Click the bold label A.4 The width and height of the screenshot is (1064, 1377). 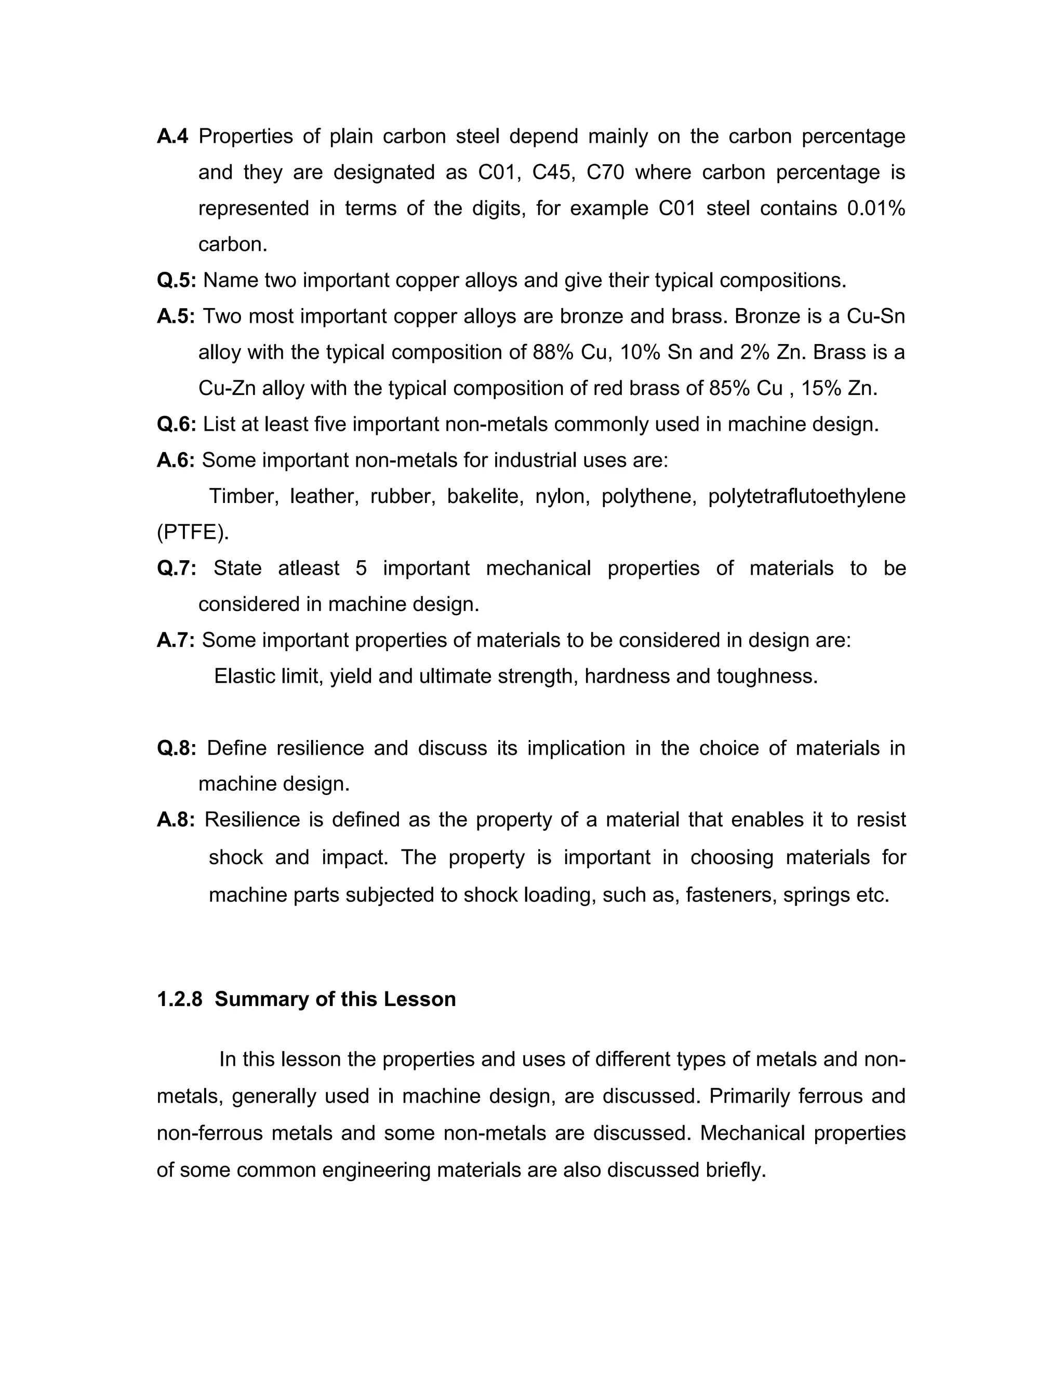click(x=172, y=136)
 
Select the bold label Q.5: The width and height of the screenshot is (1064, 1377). click(x=177, y=280)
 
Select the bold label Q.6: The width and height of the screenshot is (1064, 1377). click(x=177, y=423)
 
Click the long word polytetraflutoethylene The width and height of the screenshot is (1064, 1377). click(x=807, y=496)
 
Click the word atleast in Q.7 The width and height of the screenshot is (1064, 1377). click(x=309, y=568)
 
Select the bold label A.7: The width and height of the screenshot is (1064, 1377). click(x=176, y=640)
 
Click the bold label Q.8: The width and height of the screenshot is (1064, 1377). click(x=177, y=748)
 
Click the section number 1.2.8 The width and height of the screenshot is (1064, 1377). click(x=180, y=999)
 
